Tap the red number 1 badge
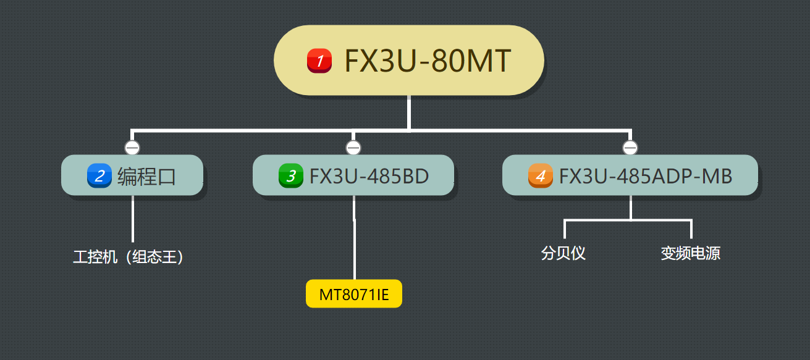click(319, 61)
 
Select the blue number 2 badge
click(99, 176)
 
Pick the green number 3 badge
click(290, 176)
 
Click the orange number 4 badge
click(541, 176)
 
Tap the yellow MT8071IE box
click(354, 294)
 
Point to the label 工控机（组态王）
click(129, 257)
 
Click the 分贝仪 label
click(563, 253)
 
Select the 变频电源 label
click(690, 253)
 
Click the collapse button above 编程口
click(132, 148)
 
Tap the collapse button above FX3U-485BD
click(353, 148)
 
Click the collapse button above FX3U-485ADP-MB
click(630, 148)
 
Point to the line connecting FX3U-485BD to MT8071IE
click(354, 247)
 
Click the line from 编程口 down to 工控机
click(133, 219)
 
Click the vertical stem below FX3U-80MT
click(409, 112)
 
